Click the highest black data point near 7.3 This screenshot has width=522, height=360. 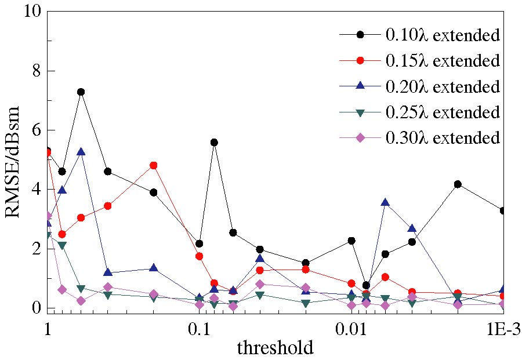(x=81, y=92)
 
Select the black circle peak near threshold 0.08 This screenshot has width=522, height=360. (x=214, y=142)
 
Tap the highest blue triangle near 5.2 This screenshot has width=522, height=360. (x=81, y=152)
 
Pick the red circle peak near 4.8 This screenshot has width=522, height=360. (x=154, y=165)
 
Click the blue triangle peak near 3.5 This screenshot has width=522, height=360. (x=385, y=202)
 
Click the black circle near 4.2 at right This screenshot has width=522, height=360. (x=458, y=184)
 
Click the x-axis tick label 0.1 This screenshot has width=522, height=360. (x=198, y=329)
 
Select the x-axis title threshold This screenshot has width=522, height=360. (x=275, y=348)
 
